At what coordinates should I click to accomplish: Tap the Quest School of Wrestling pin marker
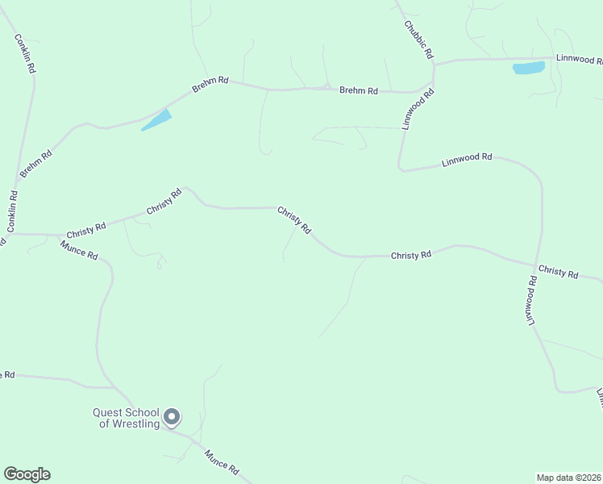click(172, 416)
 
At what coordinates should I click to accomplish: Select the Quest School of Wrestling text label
click(125, 419)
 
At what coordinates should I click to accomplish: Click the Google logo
click(27, 474)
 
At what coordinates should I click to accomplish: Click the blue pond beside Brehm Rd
click(156, 120)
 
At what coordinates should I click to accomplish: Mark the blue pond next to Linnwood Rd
click(528, 68)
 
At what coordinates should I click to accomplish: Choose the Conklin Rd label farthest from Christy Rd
click(25, 54)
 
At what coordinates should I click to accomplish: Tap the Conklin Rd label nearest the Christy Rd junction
click(13, 212)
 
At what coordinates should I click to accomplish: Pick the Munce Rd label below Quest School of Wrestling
click(222, 462)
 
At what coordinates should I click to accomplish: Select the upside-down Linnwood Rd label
click(532, 301)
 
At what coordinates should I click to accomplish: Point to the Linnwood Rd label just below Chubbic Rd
click(419, 109)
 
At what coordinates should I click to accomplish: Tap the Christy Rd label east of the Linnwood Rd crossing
click(558, 273)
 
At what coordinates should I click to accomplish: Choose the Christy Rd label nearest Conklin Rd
click(87, 228)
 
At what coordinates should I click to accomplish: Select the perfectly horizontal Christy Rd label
click(411, 255)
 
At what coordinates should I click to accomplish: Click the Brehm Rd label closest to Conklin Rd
click(36, 163)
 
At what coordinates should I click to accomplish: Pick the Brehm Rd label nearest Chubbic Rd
click(358, 91)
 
